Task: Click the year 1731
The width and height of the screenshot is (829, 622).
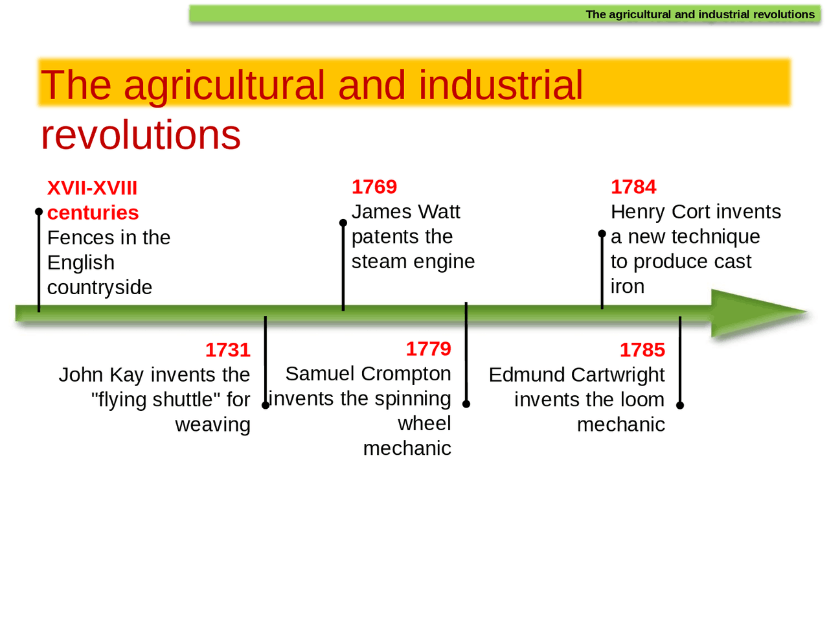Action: [x=227, y=350]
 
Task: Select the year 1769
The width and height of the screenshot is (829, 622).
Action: [x=374, y=187]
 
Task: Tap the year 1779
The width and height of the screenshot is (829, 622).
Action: [x=428, y=349]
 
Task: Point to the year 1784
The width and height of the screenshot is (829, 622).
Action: [x=633, y=187]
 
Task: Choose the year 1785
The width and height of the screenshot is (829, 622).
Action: [x=642, y=350]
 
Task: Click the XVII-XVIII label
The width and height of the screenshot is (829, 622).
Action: [x=92, y=188]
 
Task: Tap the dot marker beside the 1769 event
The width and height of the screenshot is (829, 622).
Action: [x=343, y=223]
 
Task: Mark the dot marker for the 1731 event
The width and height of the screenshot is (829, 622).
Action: [x=266, y=405]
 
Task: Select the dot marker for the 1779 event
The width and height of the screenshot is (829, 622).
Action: [x=466, y=404]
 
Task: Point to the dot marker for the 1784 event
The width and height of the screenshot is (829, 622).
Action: [x=602, y=233]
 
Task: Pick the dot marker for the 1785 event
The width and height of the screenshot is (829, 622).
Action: [x=680, y=405]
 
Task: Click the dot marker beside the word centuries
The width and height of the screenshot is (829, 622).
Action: [x=39, y=212]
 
